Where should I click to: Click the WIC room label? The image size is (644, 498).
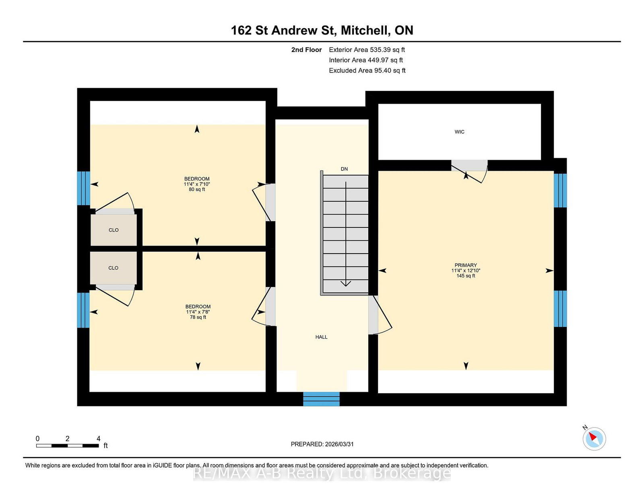459,132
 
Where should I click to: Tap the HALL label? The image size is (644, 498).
321,337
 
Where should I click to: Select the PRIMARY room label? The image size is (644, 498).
466,265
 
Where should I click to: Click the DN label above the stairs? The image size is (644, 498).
344,169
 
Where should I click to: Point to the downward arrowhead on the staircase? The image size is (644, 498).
346,283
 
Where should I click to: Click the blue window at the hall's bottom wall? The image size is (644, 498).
321,399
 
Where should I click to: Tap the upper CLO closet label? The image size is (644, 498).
114,230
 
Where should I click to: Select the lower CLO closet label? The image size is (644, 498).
113,268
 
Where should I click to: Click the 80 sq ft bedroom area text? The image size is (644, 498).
197,190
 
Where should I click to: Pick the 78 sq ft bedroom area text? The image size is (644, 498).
198,317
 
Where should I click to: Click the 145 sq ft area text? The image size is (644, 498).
466,276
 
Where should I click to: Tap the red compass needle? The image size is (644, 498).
592,437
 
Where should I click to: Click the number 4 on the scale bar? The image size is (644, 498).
98,439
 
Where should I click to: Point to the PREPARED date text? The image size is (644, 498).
322,444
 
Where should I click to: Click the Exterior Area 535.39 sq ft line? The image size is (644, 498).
367,50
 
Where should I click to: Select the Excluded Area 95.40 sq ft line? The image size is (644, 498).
367,70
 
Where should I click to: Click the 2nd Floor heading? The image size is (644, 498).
306,50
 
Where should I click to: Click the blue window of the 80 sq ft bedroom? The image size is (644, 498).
84,188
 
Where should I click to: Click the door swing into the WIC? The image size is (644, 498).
470,172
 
